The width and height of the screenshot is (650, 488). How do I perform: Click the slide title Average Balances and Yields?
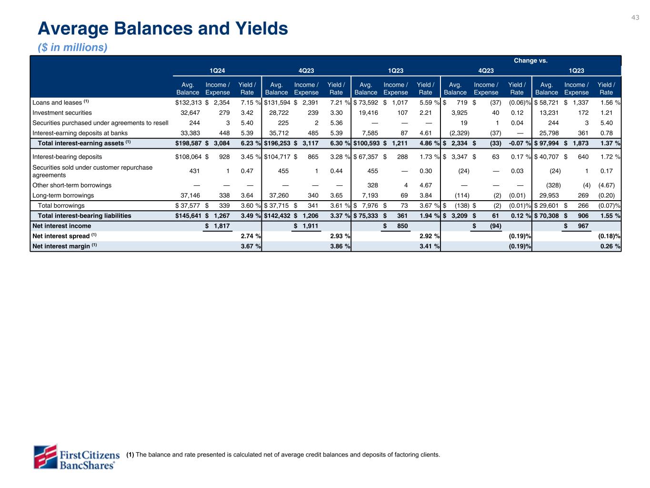pos(163,29)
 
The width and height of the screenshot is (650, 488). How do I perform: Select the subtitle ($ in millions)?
pos(72,48)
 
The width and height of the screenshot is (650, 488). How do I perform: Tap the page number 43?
pos(635,18)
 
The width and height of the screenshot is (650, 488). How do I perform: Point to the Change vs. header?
pos(530,61)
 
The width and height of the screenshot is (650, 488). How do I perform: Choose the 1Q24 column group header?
pos(217,71)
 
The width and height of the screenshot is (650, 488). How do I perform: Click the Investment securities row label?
pos(62,113)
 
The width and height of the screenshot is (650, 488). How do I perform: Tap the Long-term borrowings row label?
pos(63,195)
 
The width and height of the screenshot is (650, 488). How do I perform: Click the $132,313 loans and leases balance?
pos(188,102)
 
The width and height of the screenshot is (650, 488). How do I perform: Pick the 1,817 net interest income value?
pos(220,226)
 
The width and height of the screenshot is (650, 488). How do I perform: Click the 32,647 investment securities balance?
pos(188,113)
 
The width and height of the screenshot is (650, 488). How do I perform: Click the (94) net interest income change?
pos(495,226)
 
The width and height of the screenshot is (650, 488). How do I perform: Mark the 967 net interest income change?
pos(582,226)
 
